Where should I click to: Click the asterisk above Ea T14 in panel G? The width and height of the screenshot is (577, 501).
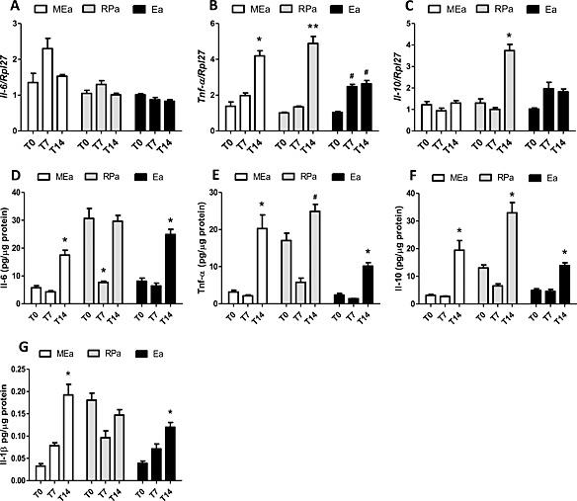169,412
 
